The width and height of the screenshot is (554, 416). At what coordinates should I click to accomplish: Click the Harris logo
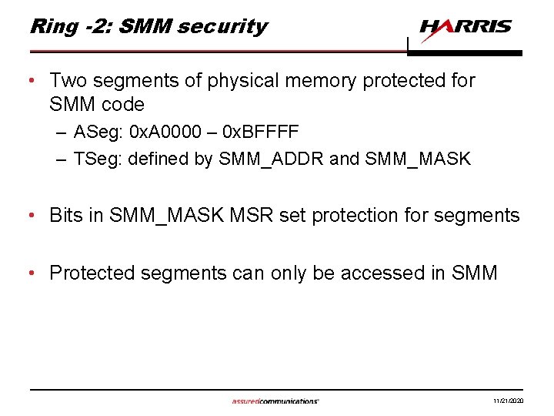tap(466, 29)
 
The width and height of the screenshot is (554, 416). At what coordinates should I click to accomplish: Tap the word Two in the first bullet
tap(67, 80)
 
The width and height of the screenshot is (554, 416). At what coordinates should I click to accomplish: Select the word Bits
tap(65, 216)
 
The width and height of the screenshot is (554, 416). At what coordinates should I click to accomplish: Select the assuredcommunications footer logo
tap(275, 401)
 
